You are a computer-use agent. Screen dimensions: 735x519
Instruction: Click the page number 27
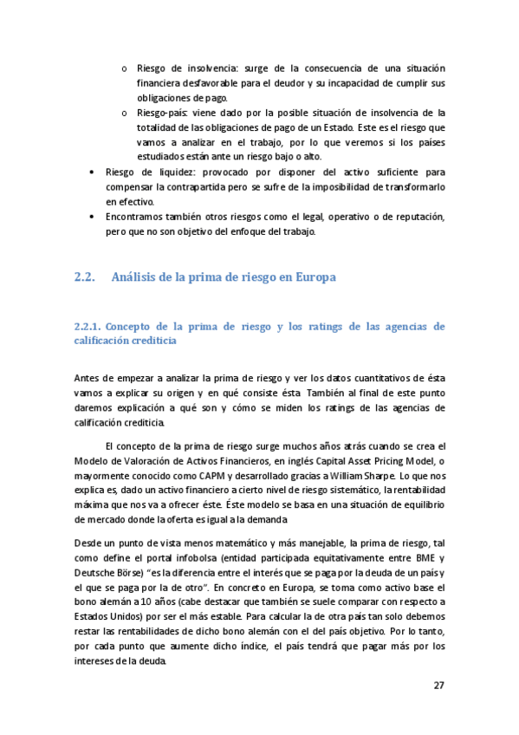click(x=438, y=685)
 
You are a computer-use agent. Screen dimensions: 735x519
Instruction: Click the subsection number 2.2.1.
click(x=89, y=327)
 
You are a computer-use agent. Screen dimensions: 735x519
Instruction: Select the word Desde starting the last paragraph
click(x=90, y=543)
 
